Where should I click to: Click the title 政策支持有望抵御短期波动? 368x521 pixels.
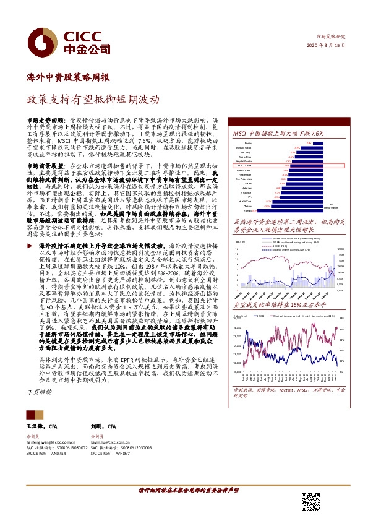tap(93, 98)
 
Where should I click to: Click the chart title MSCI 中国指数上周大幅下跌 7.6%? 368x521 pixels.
tap(278, 134)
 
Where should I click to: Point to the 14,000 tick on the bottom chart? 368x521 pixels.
tap(236, 328)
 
